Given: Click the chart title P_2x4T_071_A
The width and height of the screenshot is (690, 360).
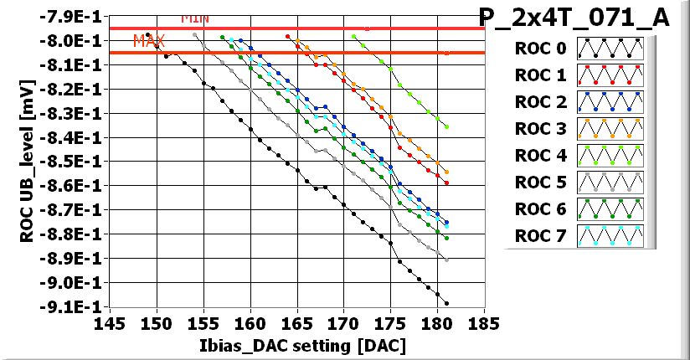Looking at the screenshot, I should click(x=573, y=18).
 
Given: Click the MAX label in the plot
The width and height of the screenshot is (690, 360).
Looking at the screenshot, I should click(x=149, y=41).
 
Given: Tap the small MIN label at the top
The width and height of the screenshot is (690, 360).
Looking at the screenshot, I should click(x=194, y=18).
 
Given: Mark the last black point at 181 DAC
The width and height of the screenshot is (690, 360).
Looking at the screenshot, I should click(x=446, y=303).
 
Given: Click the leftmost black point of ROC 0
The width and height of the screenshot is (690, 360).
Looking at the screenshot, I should click(x=148, y=34).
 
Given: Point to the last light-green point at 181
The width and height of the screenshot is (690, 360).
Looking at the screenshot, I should click(x=446, y=126).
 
